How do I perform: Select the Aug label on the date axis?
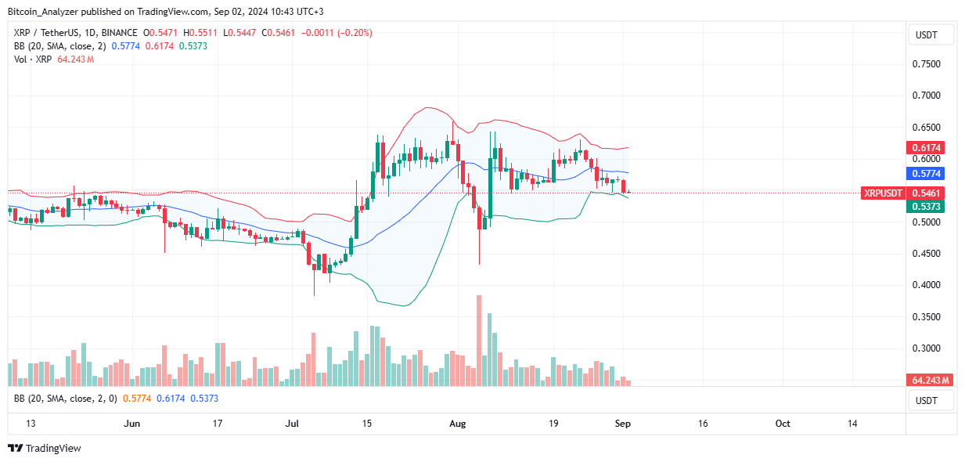coord(458,424)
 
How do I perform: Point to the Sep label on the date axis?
coord(623,424)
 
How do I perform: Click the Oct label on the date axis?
coord(783,424)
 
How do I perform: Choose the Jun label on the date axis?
coord(132,424)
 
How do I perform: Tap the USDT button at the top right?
coord(931,34)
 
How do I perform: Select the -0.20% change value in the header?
coord(356,33)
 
